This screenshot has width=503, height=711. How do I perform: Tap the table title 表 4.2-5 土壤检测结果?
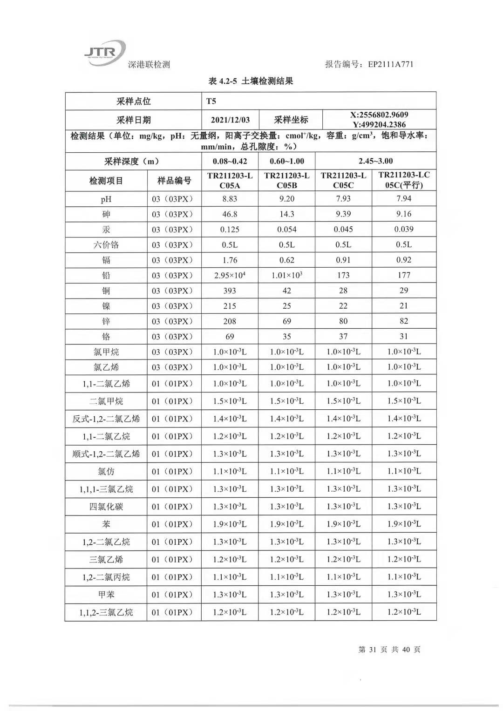[x=251, y=81]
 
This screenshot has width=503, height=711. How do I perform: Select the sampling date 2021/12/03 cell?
[x=230, y=120]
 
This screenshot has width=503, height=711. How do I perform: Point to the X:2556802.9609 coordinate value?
[x=379, y=115]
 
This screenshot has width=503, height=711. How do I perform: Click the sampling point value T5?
[x=211, y=101]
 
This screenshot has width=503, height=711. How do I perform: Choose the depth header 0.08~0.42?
[x=230, y=161]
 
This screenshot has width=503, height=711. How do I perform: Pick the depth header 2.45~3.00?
[x=375, y=161]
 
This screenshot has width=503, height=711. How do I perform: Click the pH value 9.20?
[x=286, y=199]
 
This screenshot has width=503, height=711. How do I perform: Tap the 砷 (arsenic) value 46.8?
[x=230, y=214]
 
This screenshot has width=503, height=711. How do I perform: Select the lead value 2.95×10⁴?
[x=230, y=275]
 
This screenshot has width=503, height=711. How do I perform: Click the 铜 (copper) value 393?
[x=230, y=291]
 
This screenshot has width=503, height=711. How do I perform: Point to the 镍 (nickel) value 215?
[x=230, y=306]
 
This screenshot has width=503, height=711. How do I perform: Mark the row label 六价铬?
[x=106, y=245]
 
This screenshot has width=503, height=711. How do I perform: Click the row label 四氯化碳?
[x=106, y=507]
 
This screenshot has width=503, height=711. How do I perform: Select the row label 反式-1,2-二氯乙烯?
[x=106, y=419]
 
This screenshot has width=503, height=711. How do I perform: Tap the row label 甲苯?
[x=106, y=595]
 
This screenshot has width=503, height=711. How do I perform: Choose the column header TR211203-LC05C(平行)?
[x=404, y=180]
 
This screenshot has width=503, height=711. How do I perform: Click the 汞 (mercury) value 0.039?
[x=404, y=229]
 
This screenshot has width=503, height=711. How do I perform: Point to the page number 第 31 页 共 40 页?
[x=389, y=650]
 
